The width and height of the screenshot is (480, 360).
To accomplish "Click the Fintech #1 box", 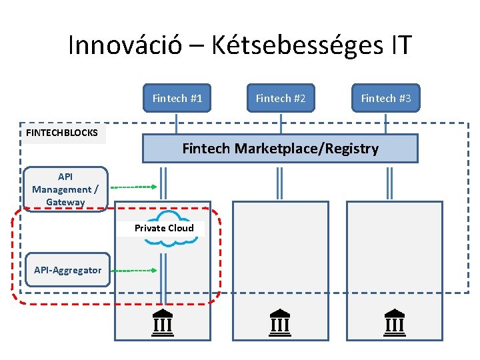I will click(177, 98).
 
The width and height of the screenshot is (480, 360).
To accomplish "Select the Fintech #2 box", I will click(281, 98).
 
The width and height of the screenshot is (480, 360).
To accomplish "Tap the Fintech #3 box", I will click(386, 98).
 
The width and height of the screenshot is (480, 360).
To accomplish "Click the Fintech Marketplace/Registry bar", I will click(280, 149).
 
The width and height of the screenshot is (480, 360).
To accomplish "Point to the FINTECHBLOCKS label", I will click(62, 133).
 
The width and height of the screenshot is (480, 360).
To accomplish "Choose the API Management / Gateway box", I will click(65, 189).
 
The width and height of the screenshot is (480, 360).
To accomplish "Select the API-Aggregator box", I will click(67, 270).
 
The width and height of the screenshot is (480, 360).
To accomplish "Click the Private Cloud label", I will click(164, 228).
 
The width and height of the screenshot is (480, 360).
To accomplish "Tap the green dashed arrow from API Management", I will click(133, 187).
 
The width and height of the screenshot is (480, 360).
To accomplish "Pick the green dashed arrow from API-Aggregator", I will click(133, 270).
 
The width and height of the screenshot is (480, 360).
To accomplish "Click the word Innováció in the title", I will click(131, 45).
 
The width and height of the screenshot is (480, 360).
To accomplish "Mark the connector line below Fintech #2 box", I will click(281, 123).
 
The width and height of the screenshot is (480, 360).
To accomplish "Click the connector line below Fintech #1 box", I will click(177, 123).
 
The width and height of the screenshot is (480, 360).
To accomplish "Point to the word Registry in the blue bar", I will click(350, 149).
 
